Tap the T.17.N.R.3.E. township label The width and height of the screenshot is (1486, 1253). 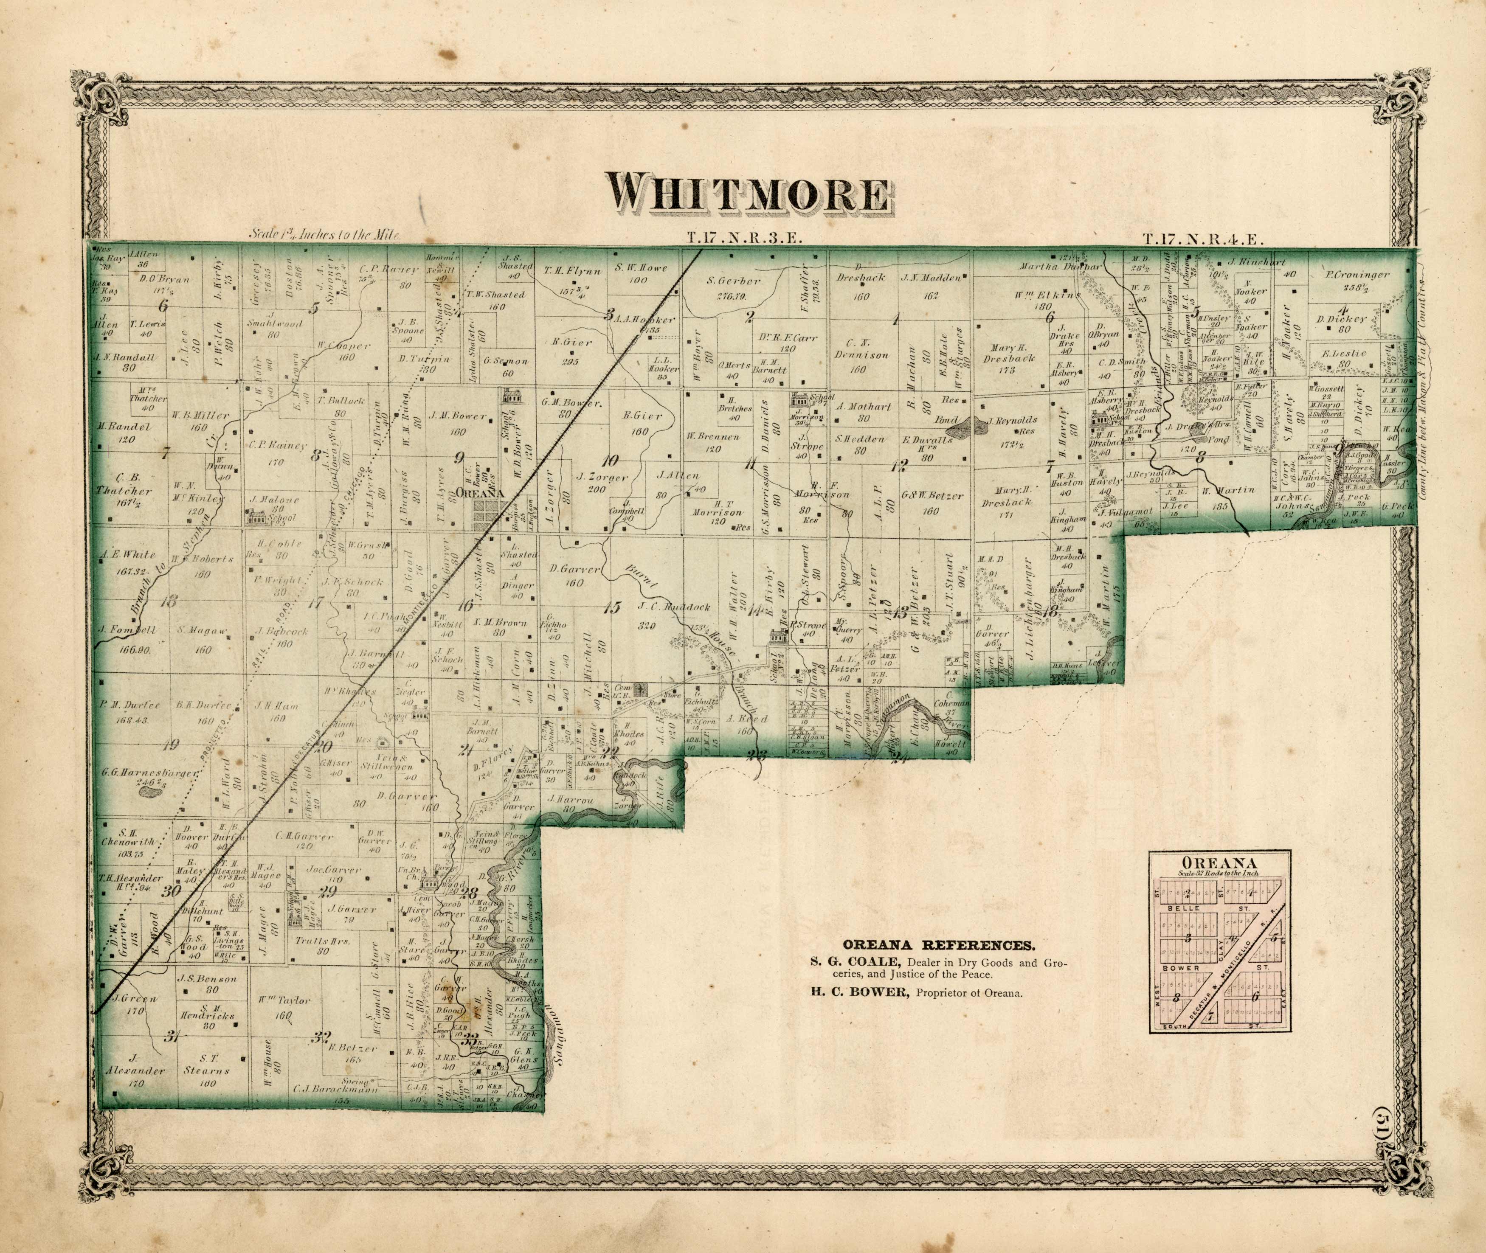click(744, 239)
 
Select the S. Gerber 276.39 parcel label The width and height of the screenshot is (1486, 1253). click(734, 288)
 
